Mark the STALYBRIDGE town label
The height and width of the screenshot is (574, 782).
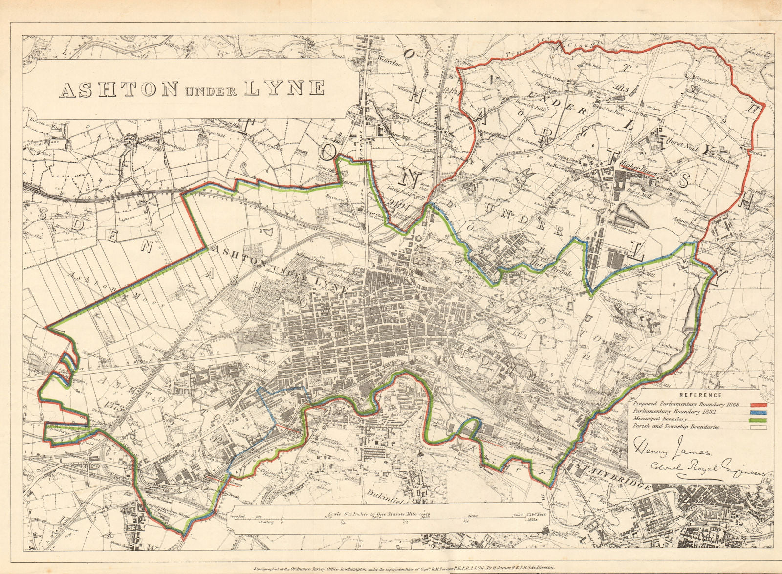612,475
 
